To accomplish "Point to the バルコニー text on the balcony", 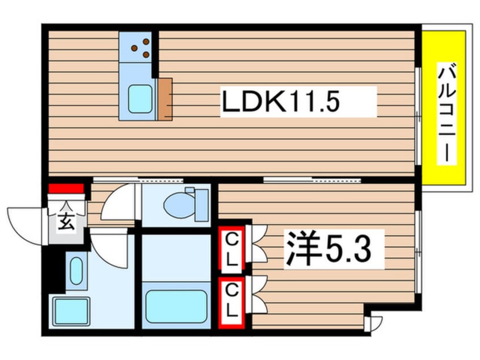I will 447,114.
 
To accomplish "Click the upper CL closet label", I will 232,248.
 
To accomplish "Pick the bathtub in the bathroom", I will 175,306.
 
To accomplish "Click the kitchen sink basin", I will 140,98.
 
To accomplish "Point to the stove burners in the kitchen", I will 141,48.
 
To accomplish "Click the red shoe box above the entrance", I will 66,189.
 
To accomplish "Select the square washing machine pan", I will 71,311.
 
